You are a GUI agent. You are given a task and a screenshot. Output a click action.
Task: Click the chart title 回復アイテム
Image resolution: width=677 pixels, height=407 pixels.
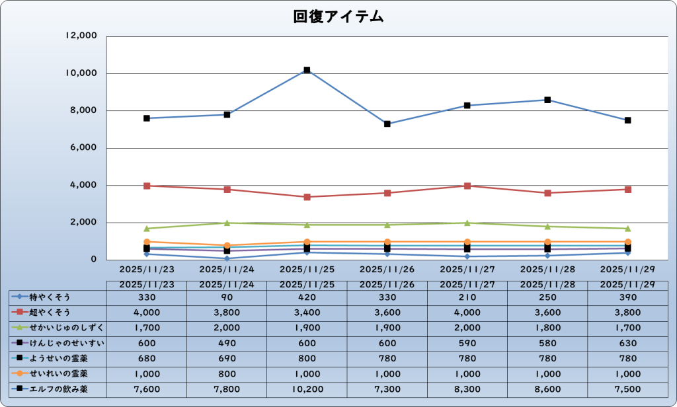[x=338, y=17]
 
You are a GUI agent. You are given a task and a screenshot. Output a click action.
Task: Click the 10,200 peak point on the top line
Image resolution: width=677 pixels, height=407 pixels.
[x=307, y=70]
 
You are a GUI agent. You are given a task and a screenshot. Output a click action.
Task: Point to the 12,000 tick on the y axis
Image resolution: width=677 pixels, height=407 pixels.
[x=81, y=36]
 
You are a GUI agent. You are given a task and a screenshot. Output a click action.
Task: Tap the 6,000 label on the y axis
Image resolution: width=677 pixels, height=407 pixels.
[x=84, y=148]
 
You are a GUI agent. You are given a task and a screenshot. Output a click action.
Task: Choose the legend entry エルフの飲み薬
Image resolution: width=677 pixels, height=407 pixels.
[x=57, y=389]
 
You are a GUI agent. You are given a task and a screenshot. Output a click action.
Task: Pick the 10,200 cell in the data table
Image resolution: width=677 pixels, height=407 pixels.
[x=307, y=389]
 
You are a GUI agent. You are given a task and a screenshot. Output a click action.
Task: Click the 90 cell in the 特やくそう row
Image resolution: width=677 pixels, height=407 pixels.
[x=227, y=297]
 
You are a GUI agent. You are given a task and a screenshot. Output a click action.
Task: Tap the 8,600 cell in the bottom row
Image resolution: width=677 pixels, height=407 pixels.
[x=547, y=389]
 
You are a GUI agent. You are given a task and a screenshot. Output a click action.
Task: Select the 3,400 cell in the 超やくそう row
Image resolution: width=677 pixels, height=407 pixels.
[x=307, y=313]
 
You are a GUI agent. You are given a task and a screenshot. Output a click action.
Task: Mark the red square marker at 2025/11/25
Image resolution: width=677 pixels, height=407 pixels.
[x=307, y=197]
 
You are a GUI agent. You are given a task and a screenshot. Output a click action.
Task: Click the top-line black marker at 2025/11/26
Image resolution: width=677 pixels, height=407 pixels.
[x=387, y=124]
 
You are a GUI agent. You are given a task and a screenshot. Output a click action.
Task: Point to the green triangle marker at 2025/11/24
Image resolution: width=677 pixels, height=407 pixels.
[x=227, y=223]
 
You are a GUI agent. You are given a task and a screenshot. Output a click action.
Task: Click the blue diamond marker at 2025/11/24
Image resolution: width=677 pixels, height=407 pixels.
[x=227, y=258]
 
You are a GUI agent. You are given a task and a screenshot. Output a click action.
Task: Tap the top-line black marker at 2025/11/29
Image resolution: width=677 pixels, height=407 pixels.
[x=627, y=120]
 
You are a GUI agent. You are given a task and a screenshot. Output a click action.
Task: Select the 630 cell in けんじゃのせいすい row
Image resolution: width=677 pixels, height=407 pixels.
[x=627, y=343]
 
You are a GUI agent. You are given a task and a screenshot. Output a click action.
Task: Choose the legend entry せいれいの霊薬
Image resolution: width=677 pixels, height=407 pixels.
[x=57, y=374]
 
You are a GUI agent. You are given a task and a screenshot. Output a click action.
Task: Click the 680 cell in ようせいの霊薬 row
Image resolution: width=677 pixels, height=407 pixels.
[x=147, y=359]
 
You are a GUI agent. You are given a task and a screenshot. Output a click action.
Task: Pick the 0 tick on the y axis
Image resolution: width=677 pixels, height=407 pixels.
[x=94, y=260]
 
